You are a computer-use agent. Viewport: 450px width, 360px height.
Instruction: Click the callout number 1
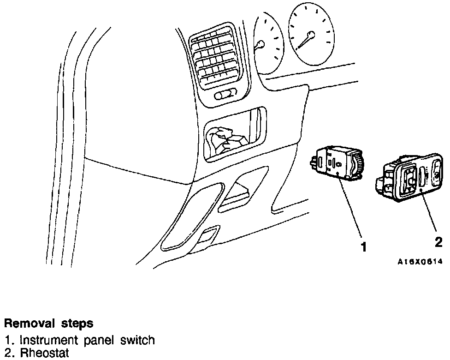(364, 247)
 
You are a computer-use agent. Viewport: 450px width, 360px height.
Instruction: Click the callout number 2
(438, 242)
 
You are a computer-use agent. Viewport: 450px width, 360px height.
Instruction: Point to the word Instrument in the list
(49, 341)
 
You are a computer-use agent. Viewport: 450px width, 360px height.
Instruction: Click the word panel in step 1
(101, 341)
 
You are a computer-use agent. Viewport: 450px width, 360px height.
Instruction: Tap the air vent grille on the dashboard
(217, 58)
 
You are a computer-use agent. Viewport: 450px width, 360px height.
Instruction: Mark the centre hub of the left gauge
(261, 45)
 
